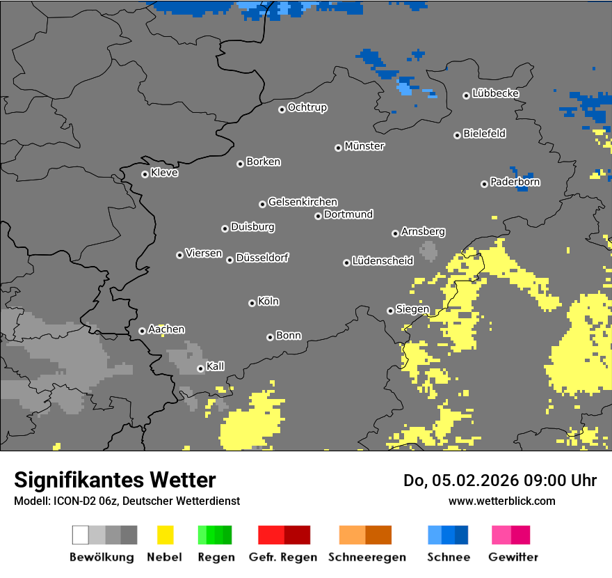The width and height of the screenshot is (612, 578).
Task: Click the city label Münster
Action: (x=364, y=146)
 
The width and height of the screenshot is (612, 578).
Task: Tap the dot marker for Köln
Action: (x=252, y=303)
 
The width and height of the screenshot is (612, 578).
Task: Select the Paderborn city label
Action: (x=515, y=182)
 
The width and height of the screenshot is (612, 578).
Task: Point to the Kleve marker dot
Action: (x=145, y=174)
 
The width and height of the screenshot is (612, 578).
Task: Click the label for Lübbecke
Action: (x=495, y=93)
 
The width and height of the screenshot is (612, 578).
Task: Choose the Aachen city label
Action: (x=166, y=329)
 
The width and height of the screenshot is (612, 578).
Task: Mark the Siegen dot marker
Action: (x=390, y=311)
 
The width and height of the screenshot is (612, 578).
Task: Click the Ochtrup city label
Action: (x=307, y=107)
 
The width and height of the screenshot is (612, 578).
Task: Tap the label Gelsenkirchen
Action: (x=303, y=202)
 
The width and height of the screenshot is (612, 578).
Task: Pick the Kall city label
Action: (x=216, y=366)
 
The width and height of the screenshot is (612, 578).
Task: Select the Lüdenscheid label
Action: (x=382, y=261)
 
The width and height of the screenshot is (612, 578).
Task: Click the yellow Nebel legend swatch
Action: (x=166, y=535)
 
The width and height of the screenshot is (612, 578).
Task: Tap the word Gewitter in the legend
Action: (x=513, y=557)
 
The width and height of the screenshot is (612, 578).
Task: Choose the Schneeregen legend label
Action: (x=367, y=557)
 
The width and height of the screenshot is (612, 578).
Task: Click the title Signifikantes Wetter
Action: (x=115, y=480)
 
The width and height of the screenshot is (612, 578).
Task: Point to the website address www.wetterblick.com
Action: (x=502, y=501)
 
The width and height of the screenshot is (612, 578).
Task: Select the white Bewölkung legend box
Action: (x=80, y=535)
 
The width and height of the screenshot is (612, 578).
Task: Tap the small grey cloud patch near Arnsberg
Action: (x=428, y=250)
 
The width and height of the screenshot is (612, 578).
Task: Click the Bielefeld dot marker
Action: (x=458, y=135)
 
